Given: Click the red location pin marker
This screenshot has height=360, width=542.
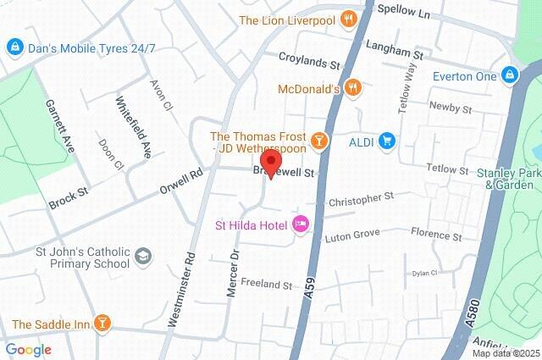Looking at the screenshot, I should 271,163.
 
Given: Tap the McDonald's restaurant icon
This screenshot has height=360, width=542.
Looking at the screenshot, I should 354,88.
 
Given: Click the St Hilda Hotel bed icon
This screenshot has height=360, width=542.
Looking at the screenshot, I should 299,224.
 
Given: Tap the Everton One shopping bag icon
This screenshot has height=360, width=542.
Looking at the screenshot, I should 509,75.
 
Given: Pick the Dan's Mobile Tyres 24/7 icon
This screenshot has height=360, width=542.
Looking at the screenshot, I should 14,47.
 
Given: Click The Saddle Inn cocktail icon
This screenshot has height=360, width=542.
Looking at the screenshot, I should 102,323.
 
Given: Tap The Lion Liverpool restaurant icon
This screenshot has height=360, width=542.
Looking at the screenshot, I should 347,19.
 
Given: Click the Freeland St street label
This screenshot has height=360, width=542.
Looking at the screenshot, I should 266,284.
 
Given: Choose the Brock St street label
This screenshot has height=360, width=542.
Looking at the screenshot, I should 69,200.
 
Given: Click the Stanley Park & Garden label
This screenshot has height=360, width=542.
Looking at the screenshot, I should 508,179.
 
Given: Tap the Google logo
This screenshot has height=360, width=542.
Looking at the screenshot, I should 28,349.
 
